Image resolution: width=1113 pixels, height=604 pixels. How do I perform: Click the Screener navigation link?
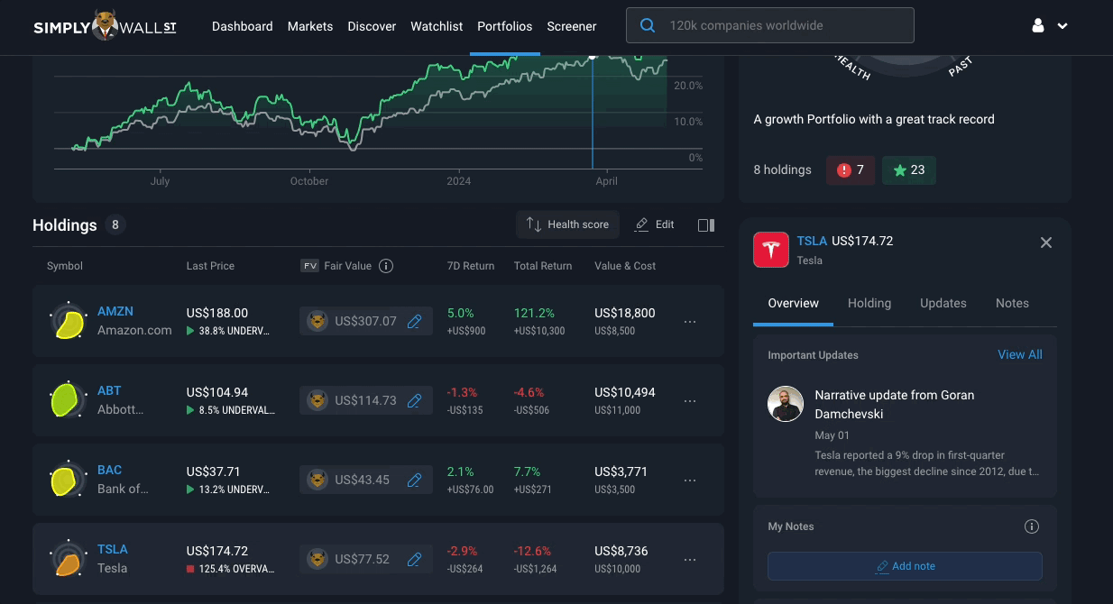pos(572,26)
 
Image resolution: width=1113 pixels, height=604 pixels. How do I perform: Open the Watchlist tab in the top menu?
pos(437,26)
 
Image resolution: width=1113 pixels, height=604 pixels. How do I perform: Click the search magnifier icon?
pos(647,25)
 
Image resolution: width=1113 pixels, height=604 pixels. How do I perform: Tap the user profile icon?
pos(1037,25)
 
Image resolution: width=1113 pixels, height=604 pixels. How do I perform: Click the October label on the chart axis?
pos(309,181)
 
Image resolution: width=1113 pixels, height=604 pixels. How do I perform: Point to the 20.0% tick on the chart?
pos(688,86)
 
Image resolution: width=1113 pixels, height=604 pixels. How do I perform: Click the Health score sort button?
pos(567,224)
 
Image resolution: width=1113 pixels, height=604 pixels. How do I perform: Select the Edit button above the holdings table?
pos(655,224)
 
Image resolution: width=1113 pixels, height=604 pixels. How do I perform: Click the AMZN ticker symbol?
pos(115,311)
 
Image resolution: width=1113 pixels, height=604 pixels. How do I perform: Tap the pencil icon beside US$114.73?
pos(414,401)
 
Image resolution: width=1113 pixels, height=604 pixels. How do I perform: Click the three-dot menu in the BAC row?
pos(690,480)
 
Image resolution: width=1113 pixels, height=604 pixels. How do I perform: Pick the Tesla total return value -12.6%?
pos(532,551)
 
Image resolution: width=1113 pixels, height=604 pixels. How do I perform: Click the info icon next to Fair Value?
pos(386,266)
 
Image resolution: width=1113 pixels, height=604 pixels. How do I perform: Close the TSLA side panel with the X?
pos(1046,243)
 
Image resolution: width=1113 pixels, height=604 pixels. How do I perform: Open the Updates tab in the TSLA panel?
pos(943,304)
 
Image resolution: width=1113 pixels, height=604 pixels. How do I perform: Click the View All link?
pos(1019,354)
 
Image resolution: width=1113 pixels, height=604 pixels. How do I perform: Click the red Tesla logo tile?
pos(770,250)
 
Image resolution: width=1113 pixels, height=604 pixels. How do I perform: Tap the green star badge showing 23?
pos(909,170)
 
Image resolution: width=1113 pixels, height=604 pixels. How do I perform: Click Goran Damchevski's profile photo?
pos(785,404)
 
